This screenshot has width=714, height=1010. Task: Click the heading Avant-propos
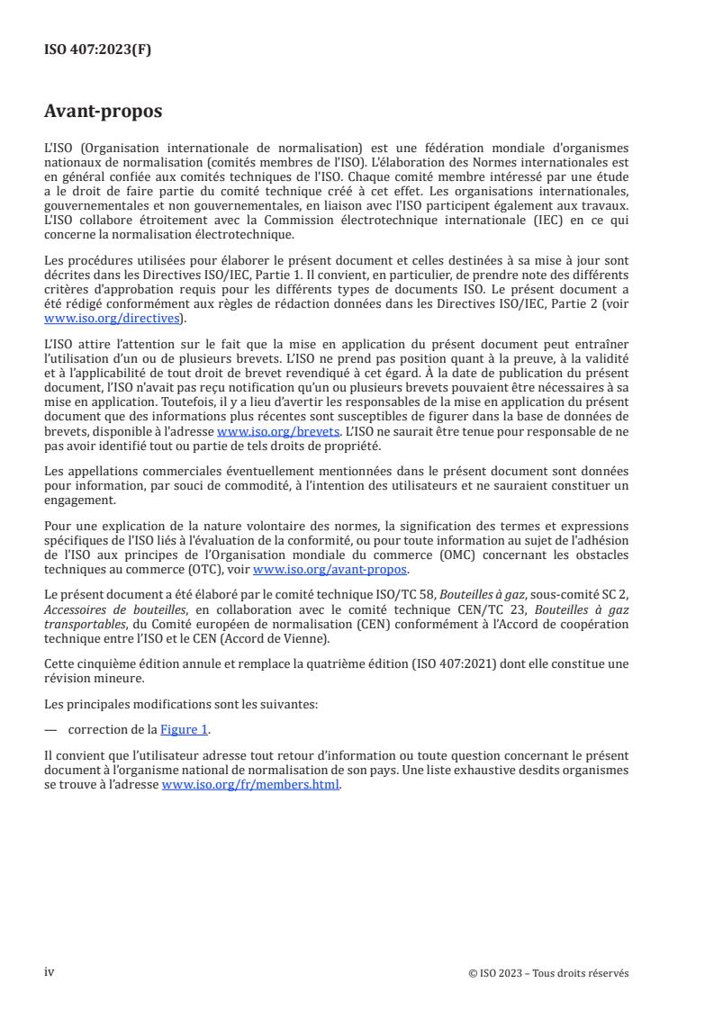click(x=103, y=113)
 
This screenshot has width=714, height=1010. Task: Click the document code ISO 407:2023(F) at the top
click(x=98, y=50)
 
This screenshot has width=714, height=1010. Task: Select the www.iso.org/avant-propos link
click(x=330, y=570)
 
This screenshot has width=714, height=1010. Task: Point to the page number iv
click(x=50, y=972)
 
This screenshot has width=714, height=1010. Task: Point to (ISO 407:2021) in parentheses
click(x=483, y=663)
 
